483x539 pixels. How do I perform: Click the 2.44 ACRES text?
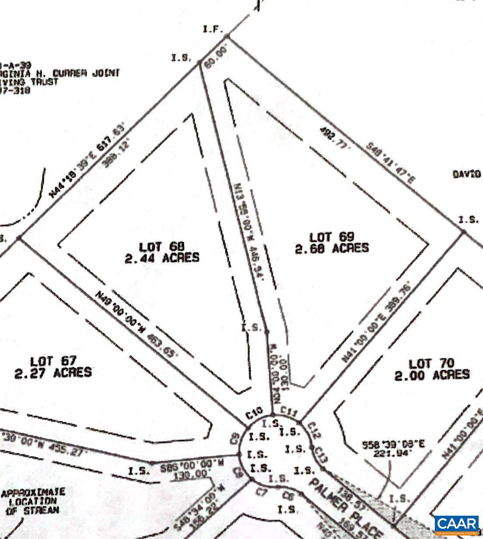pos(162,257)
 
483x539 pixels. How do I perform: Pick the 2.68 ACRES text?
pos(332,248)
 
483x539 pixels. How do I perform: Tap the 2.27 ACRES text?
pos(53,372)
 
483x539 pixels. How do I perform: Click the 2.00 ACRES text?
pos(432,374)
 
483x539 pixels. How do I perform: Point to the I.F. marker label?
pos(213,30)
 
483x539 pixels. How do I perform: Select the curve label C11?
pos(289,411)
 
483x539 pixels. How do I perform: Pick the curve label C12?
pos(315,430)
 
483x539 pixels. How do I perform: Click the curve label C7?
pos(262,493)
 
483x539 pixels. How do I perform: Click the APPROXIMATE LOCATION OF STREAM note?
pos(33,501)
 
